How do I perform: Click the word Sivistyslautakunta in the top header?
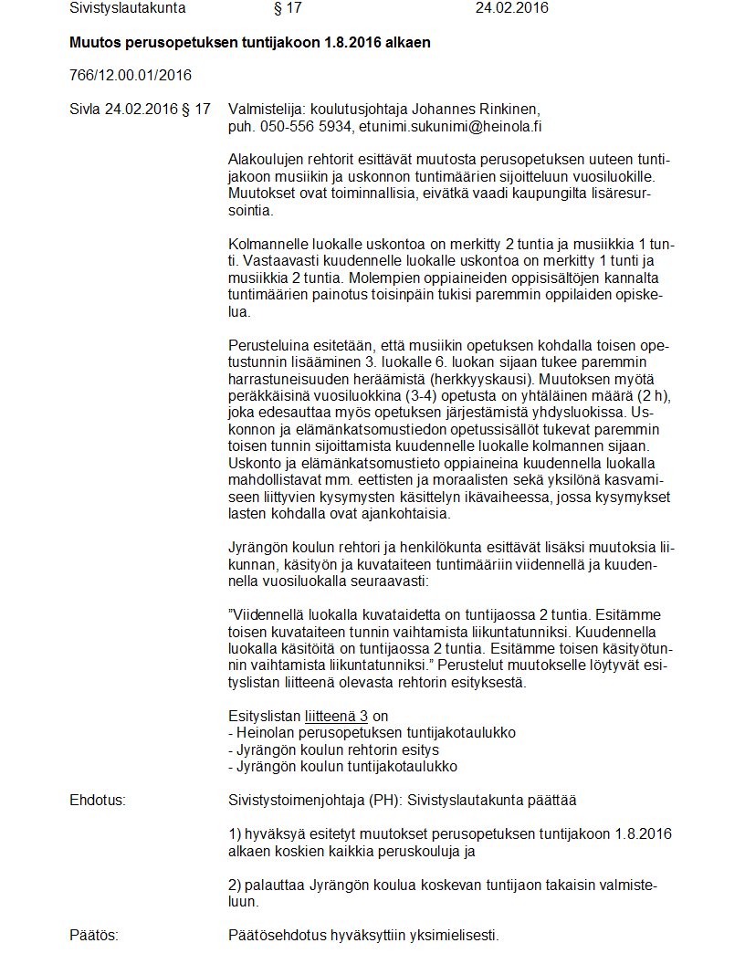click(x=128, y=8)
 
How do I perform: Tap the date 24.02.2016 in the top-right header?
click(x=512, y=8)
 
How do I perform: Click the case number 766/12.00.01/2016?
click(x=131, y=75)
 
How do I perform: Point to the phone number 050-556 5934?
click(x=308, y=126)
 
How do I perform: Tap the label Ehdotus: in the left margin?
click(x=98, y=801)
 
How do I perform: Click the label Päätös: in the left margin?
click(x=94, y=936)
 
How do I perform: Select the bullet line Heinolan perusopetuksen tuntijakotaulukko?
click(x=372, y=733)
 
